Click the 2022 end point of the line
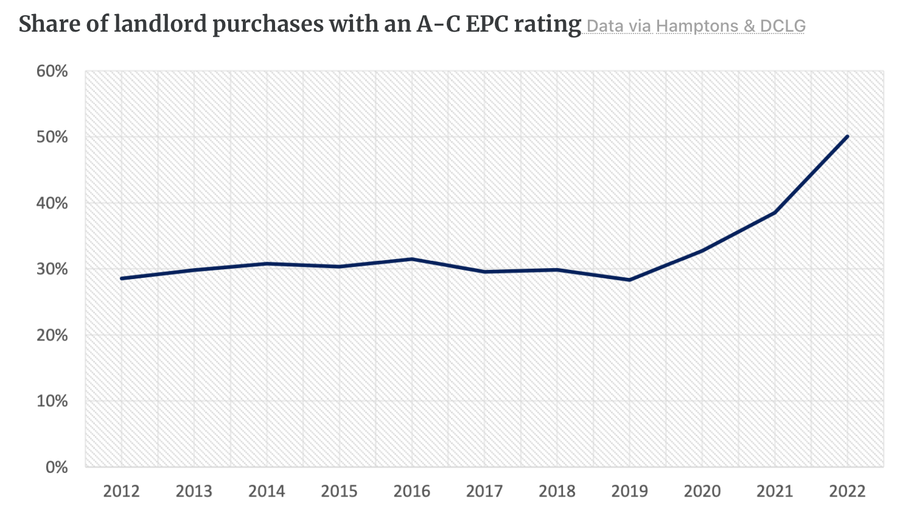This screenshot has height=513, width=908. tap(847, 136)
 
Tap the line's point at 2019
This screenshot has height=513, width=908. tap(630, 280)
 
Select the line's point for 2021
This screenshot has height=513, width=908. tap(775, 213)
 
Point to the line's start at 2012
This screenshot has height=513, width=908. tap(122, 278)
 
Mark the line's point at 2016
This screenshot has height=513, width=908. tap(412, 259)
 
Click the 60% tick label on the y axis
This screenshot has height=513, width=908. tap(52, 71)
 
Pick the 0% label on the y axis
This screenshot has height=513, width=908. tap(56, 467)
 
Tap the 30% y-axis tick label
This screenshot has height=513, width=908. tap(52, 269)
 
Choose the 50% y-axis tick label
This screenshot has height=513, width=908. tap(52, 137)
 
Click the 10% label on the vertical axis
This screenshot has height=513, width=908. tap(52, 402)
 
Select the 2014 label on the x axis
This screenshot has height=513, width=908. tap(267, 491)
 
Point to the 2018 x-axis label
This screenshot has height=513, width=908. tap(557, 491)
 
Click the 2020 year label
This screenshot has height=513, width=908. tap(702, 491)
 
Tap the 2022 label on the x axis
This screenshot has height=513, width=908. tap(847, 491)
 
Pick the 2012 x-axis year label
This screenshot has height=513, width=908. tap(122, 491)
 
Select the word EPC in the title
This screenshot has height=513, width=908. tap(489, 24)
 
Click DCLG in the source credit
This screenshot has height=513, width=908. tap(783, 26)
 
